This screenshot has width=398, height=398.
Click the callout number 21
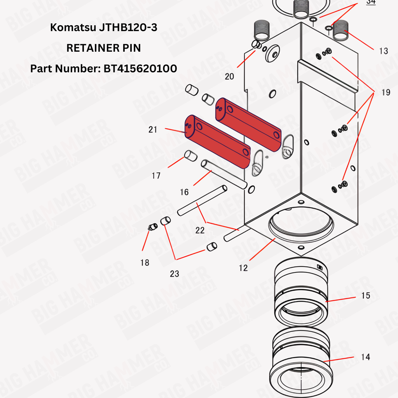153,130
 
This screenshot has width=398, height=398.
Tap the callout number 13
384,51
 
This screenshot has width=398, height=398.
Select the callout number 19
386,93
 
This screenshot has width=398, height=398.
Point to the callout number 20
229,77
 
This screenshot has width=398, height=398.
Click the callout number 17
156,176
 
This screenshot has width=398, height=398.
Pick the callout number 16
184,192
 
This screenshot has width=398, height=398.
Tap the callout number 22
200,230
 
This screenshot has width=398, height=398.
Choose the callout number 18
145,262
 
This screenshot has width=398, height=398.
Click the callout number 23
175,274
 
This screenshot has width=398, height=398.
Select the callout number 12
243,268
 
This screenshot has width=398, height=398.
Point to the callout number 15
366,295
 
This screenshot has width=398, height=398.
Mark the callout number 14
365,357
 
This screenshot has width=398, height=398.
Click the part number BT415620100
140,68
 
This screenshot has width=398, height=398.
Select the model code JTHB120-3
128,28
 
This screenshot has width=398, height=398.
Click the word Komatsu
73,28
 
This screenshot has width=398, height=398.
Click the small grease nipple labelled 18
152,227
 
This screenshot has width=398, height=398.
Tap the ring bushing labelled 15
301,292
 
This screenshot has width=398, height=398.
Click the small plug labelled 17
190,155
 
